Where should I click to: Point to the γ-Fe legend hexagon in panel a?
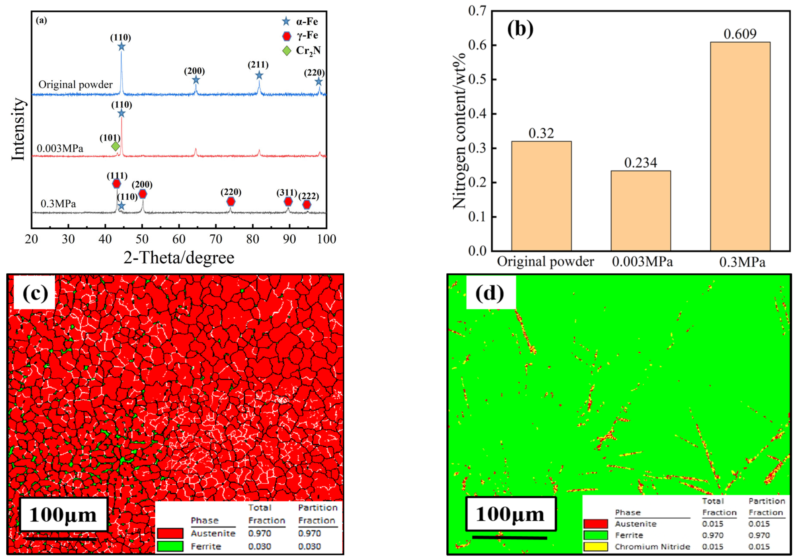[x=287, y=36]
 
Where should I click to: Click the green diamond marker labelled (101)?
[x=116, y=146]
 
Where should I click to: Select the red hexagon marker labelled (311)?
[x=288, y=201]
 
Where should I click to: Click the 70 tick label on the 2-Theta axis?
[x=216, y=239]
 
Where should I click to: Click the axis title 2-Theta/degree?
[x=179, y=258]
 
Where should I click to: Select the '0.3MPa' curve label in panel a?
[x=58, y=203]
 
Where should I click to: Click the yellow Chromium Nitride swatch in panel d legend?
[x=595, y=547]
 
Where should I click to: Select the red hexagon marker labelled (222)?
[x=306, y=205]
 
